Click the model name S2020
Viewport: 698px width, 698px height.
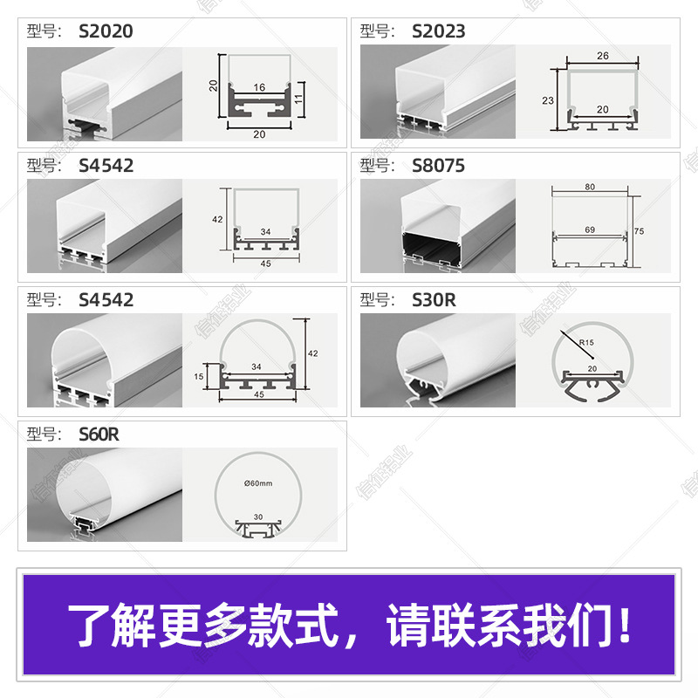(106, 31)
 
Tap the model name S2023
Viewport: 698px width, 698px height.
(438, 31)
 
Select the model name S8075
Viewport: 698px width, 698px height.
(438, 166)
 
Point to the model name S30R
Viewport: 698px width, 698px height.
(434, 300)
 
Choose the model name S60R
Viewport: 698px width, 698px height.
(99, 435)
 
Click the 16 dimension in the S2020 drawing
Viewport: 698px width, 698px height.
(259, 88)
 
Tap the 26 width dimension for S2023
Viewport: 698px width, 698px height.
(603, 54)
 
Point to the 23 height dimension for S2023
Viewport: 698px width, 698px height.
(548, 100)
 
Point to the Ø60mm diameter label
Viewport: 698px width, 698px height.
(259, 483)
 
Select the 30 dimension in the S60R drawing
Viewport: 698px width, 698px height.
(259, 516)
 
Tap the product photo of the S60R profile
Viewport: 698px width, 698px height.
(105, 496)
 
